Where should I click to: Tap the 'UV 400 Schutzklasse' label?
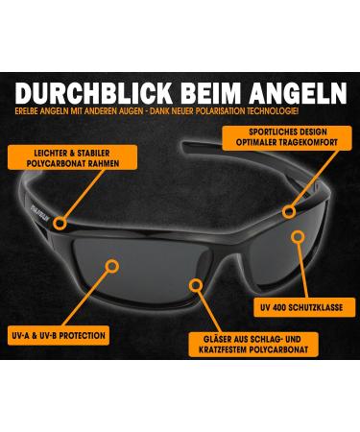302,307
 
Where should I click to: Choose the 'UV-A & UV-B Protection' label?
59,336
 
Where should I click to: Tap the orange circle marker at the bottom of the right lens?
197,285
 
